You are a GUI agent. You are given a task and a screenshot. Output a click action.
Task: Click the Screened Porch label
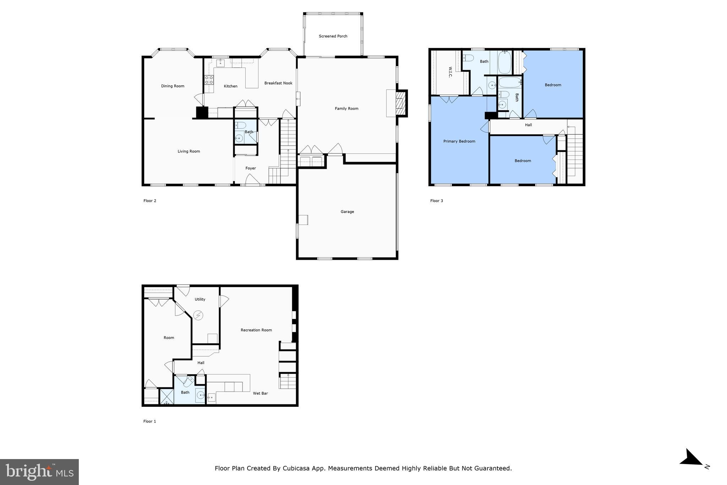pos(333,36)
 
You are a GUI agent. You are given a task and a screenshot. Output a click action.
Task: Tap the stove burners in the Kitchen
pos(209,80)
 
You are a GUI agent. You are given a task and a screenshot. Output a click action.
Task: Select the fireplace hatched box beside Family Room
pos(401,103)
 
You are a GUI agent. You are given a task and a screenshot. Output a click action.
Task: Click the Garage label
pos(347,212)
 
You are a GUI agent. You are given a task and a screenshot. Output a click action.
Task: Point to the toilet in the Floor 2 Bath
pos(241,125)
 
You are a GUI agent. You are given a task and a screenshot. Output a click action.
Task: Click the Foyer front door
pos(252,182)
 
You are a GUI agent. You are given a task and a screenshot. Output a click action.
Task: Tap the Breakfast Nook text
pos(278,83)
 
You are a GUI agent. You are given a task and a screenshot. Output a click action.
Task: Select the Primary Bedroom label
pos(459,141)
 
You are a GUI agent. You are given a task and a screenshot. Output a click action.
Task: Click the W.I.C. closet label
pos(450,72)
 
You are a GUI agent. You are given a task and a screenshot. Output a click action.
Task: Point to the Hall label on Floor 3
pos(528,125)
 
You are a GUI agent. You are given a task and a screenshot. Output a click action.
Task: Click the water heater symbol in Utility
pos(198,315)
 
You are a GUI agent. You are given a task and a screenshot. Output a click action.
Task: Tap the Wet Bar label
pos(260,393)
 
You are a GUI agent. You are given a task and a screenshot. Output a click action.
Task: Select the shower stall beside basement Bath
pos(166,397)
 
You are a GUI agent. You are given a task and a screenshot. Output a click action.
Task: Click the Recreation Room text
pos(256,330)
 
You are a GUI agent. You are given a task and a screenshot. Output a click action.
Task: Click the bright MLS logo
pos(39,472)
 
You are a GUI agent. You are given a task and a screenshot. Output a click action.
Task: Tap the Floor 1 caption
pos(149,421)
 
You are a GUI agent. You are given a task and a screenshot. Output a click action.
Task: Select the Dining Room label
pos(173,86)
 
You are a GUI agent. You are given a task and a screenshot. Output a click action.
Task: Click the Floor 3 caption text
pos(436,201)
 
